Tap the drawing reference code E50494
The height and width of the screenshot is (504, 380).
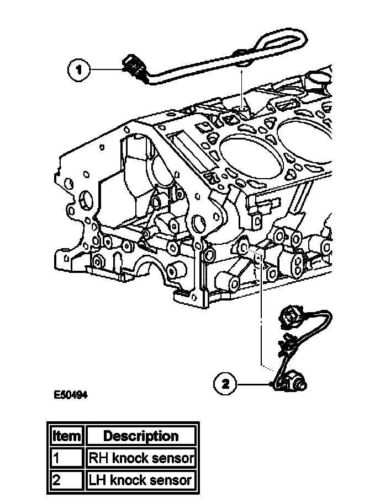[x=71, y=395]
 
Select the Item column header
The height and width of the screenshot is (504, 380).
[x=66, y=436]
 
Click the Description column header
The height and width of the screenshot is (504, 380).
[x=141, y=436]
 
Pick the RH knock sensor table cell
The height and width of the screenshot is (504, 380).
[x=141, y=458]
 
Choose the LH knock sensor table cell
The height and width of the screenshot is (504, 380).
[x=141, y=480]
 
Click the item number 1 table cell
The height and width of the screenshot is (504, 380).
[x=66, y=458]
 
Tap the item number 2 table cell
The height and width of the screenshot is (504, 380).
[x=66, y=480]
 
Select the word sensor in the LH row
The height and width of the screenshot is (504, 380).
[x=171, y=480]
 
